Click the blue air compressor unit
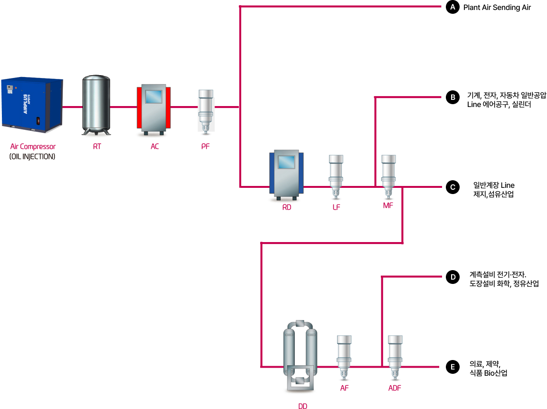click(32, 106)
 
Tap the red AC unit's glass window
click(154, 97)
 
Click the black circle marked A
click(453, 7)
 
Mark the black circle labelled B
click(453, 98)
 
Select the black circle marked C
click(453, 187)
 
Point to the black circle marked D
click(453, 277)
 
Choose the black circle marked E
click(453, 367)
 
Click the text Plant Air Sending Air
click(497, 8)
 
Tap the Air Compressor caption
click(33, 146)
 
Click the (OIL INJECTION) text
click(32, 156)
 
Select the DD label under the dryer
click(302, 406)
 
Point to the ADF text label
click(395, 388)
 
